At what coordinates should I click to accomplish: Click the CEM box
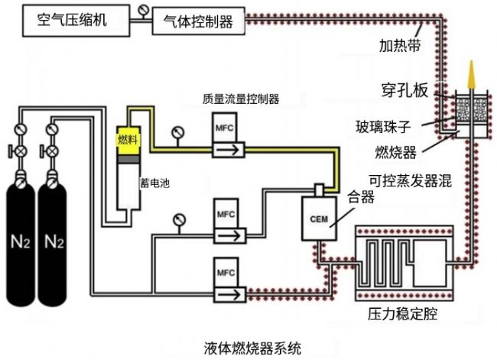point(319,218)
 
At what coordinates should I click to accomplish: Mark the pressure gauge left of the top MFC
point(179,131)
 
